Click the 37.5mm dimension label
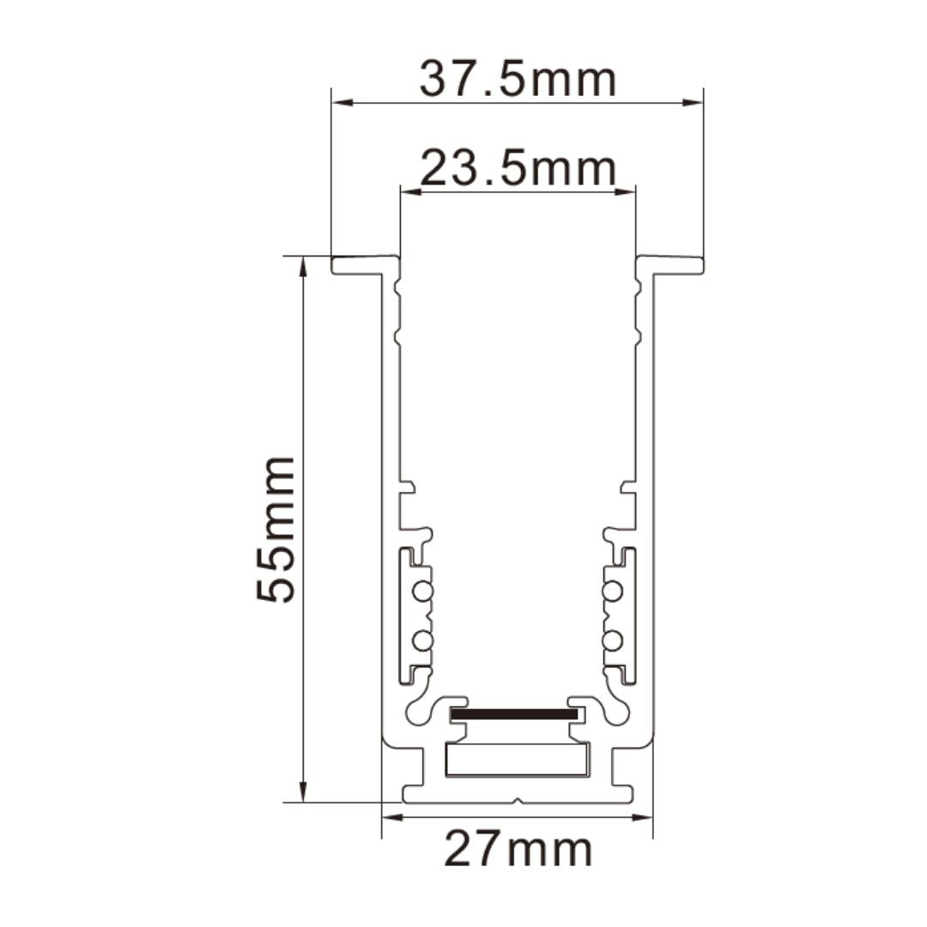click(x=518, y=80)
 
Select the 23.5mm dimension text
click(x=518, y=168)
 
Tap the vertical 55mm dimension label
click(x=276, y=529)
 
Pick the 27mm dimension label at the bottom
click(x=518, y=850)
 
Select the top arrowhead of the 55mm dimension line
click(x=302, y=265)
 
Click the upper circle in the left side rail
click(x=421, y=591)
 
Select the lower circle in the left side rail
click(x=421, y=640)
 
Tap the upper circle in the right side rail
click(x=612, y=591)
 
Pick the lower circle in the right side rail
click(x=612, y=640)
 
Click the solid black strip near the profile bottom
click(x=513, y=713)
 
